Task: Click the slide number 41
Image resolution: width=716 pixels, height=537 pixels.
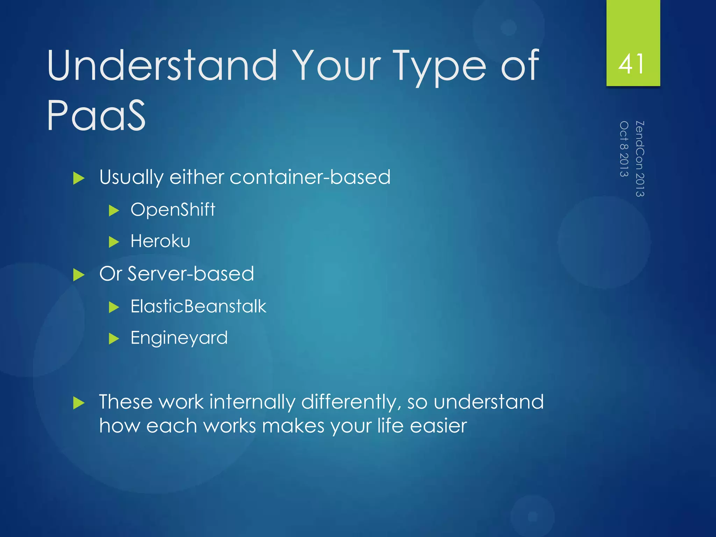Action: click(x=631, y=64)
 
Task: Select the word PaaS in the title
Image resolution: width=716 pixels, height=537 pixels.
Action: click(x=96, y=116)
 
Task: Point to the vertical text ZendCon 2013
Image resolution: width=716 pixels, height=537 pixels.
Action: click(x=639, y=159)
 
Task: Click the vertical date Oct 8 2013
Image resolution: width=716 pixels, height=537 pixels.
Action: click(x=624, y=149)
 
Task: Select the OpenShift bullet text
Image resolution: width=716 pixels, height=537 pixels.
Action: click(x=173, y=210)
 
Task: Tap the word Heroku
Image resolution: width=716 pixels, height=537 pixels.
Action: click(x=160, y=241)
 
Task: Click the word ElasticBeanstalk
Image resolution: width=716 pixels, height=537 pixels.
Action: click(x=198, y=307)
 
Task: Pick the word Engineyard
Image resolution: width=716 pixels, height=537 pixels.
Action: click(x=179, y=338)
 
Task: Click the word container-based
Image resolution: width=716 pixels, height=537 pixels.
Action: click(x=310, y=177)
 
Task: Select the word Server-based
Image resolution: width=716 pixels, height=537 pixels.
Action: click(x=191, y=274)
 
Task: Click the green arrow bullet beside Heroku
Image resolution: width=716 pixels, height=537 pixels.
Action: click(x=114, y=242)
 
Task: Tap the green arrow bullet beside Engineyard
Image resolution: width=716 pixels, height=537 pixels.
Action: click(x=114, y=339)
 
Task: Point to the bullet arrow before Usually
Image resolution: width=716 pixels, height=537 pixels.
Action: click(x=79, y=178)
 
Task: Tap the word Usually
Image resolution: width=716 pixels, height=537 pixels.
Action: click(x=131, y=177)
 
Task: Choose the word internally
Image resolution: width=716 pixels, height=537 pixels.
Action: click(x=252, y=402)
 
